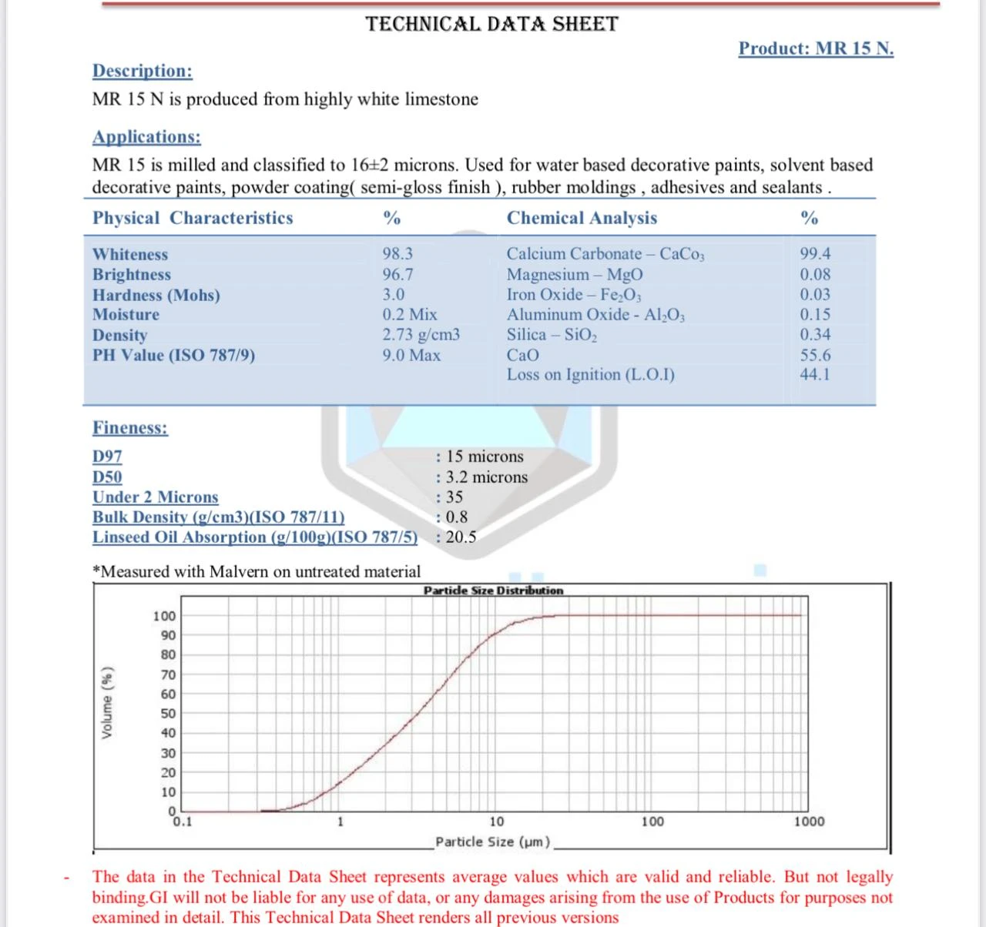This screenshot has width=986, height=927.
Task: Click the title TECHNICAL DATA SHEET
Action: pyautogui.click(x=491, y=24)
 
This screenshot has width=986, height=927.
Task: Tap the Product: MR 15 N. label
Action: pyautogui.click(x=816, y=49)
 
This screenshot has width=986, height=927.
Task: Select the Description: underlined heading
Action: pyautogui.click(x=143, y=71)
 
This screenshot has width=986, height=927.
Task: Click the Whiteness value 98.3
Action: pyautogui.click(x=397, y=253)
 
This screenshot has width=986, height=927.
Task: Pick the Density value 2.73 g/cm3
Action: pyautogui.click(x=421, y=335)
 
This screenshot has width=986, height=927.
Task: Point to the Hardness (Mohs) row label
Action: pyautogui.click(x=156, y=295)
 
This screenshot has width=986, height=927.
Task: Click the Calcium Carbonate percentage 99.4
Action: pyautogui.click(x=815, y=253)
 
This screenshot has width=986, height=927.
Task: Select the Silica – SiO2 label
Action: pyautogui.click(x=552, y=335)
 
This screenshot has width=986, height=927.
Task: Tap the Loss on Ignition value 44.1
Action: pyautogui.click(x=815, y=375)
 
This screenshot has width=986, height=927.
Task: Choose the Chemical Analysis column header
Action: pyautogui.click(x=582, y=218)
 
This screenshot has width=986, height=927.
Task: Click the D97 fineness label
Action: pyautogui.click(x=107, y=457)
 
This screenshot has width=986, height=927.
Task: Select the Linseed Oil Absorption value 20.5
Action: pyautogui.click(x=461, y=537)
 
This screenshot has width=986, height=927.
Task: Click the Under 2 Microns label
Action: pyautogui.click(x=156, y=497)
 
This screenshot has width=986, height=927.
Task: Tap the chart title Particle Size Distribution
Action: pyautogui.click(x=493, y=591)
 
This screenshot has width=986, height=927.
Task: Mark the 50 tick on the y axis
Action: pyautogui.click(x=168, y=714)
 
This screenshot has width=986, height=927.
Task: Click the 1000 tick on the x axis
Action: pyautogui.click(x=809, y=822)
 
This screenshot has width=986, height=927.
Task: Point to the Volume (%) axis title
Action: pyautogui.click(x=108, y=703)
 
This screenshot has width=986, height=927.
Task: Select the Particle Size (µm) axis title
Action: pyautogui.click(x=493, y=842)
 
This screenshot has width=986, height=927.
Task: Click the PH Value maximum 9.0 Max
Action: pyautogui.click(x=411, y=356)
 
